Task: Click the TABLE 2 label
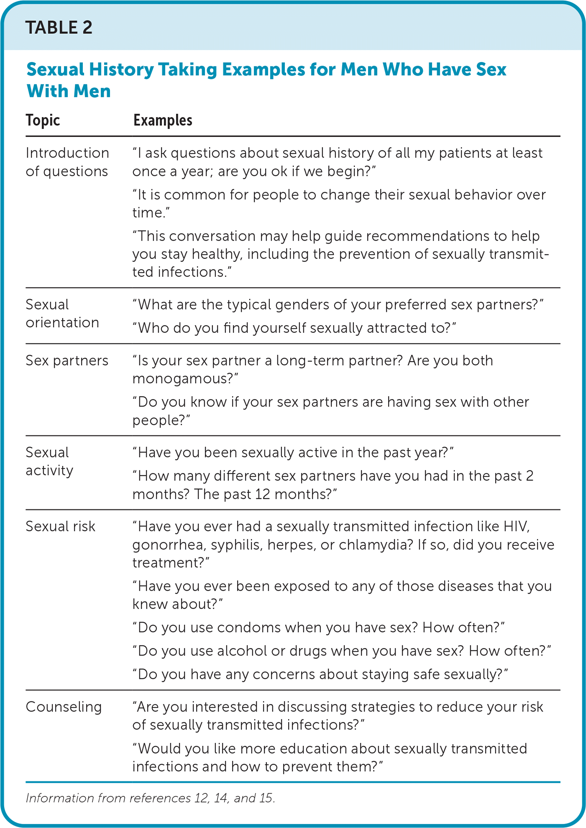(x=59, y=28)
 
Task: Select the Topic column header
(x=43, y=120)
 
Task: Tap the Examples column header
(x=163, y=120)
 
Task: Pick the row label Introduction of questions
(x=67, y=162)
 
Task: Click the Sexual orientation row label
(x=62, y=313)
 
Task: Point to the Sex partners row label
(x=67, y=361)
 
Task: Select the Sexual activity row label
(x=49, y=461)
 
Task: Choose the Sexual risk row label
(x=60, y=526)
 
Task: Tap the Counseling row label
(x=64, y=707)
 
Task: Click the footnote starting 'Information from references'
(x=150, y=798)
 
